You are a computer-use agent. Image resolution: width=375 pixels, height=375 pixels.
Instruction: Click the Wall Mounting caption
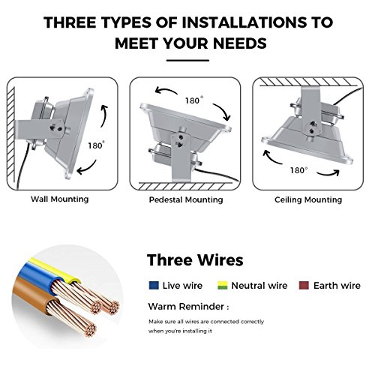pyautogui.click(x=60, y=199)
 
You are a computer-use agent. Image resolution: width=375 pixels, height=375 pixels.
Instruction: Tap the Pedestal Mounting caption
pyautogui.click(x=186, y=199)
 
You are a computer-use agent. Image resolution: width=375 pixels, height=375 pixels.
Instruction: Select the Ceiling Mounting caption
pyautogui.click(x=308, y=199)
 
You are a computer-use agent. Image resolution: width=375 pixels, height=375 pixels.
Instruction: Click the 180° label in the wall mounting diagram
pyautogui.click(x=96, y=145)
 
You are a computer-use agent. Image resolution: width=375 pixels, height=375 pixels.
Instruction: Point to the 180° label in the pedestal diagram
pyautogui.click(x=194, y=100)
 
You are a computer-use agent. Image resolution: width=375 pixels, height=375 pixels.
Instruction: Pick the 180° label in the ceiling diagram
pyautogui.click(x=298, y=170)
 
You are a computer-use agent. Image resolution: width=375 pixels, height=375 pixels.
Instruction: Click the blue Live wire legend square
pyautogui.click(x=154, y=286)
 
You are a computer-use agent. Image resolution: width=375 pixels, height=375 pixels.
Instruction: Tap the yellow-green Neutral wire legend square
pyautogui.click(x=223, y=286)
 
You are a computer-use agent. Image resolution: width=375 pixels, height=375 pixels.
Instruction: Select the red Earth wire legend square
pyautogui.click(x=304, y=286)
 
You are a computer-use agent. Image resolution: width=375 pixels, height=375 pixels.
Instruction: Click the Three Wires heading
pyautogui.click(x=195, y=260)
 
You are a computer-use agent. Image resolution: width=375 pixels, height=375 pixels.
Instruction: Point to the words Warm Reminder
pyautogui.click(x=186, y=307)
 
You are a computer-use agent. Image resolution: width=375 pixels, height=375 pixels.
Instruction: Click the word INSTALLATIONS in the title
pyautogui.click(x=244, y=22)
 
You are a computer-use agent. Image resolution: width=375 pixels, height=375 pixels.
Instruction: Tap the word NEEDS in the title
pyautogui.click(x=240, y=43)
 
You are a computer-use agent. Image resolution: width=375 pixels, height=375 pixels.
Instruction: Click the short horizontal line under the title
pyautogui.click(x=187, y=60)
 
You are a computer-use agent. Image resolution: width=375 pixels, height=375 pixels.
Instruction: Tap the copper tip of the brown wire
pyautogui.click(x=90, y=329)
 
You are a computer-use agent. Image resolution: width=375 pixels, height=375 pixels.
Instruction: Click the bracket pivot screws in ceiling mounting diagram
pyautogui.click(x=312, y=127)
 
